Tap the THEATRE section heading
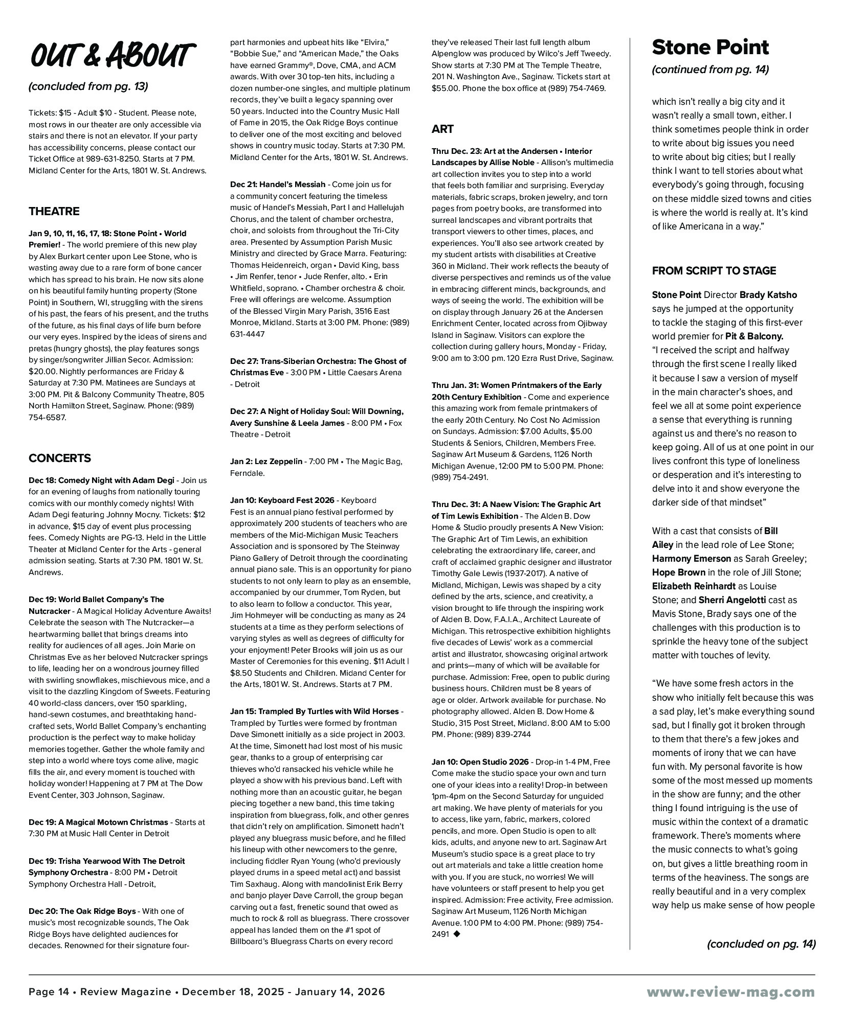(x=54, y=212)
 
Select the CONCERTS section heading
(x=60, y=458)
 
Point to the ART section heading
(x=442, y=129)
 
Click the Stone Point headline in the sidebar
(x=710, y=48)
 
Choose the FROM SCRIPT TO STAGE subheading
(x=714, y=271)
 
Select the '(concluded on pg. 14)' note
(x=761, y=944)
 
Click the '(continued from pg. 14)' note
(x=710, y=70)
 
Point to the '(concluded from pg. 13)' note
(x=88, y=86)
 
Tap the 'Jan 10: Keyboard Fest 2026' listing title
(x=282, y=500)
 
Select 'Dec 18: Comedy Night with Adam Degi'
(x=101, y=480)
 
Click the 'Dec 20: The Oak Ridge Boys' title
(x=82, y=911)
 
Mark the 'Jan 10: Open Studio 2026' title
(x=480, y=762)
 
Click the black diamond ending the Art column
(x=457, y=934)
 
